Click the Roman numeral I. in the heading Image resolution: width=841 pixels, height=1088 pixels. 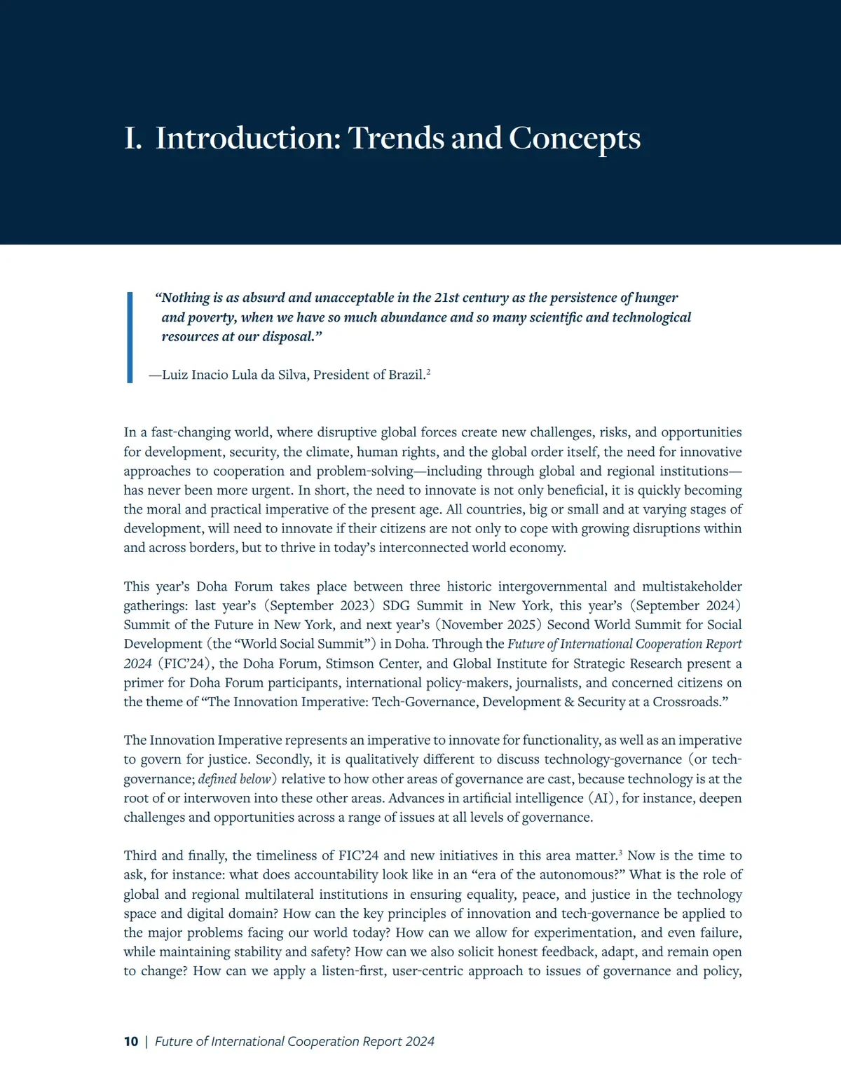pyautogui.click(x=132, y=138)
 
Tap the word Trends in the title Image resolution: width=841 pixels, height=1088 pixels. pyautogui.click(x=396, y=138)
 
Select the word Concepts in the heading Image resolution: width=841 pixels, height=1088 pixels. pyautogui.click(x=574, y=138)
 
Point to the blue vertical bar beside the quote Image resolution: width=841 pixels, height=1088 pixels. pyautogui.click(x=130, y=337)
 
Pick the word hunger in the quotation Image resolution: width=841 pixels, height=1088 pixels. pyautogui.click(x=656, y=298)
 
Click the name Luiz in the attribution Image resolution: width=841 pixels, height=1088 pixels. pyautogui.click(x=175, y=375)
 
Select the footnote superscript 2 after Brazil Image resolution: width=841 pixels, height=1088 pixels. pyautogui.click(x=428, y=372)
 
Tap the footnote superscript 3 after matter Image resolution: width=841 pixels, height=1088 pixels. pyautogui.click(x=620, y=853)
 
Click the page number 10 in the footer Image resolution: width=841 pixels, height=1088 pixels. pyautogui.click(x=131, y=1042)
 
